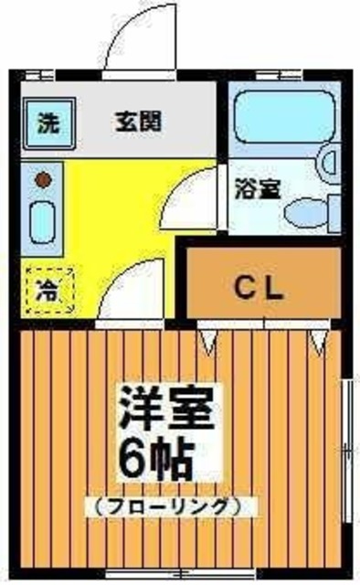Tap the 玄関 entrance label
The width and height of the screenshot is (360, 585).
tap(139, 122)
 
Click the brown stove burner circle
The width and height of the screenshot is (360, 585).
tap(41, 179)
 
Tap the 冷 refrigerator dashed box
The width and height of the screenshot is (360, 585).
tap(44, 291)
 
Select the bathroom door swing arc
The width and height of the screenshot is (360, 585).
tap(194, 197)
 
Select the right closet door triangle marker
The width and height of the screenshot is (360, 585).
tap(317, 343)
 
